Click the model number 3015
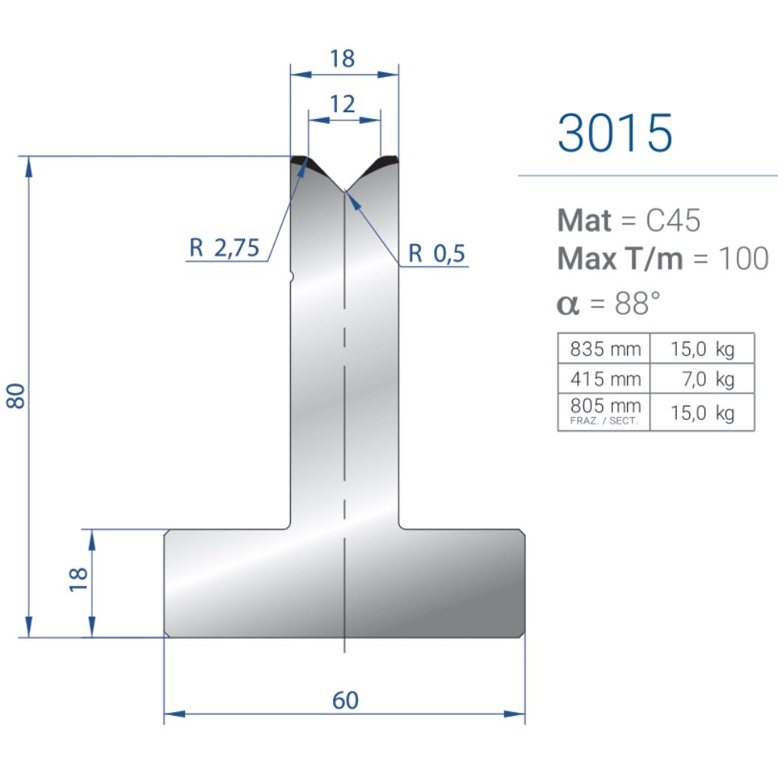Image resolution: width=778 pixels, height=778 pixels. pos(615,132)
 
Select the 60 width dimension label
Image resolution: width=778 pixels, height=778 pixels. pos(345,700)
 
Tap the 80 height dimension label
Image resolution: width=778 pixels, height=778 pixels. pos(16,396)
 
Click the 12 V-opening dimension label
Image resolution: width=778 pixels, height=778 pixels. pos(342,104)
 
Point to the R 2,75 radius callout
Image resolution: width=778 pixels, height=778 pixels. pos(224,247)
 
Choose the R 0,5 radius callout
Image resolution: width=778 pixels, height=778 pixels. pos(436,253)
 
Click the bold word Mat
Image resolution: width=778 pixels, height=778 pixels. pos(584,220)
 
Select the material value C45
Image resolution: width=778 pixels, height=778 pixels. pos(673,220)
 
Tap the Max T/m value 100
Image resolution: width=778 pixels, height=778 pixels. pos(743,258)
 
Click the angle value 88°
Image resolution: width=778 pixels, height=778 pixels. pos(637,303)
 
